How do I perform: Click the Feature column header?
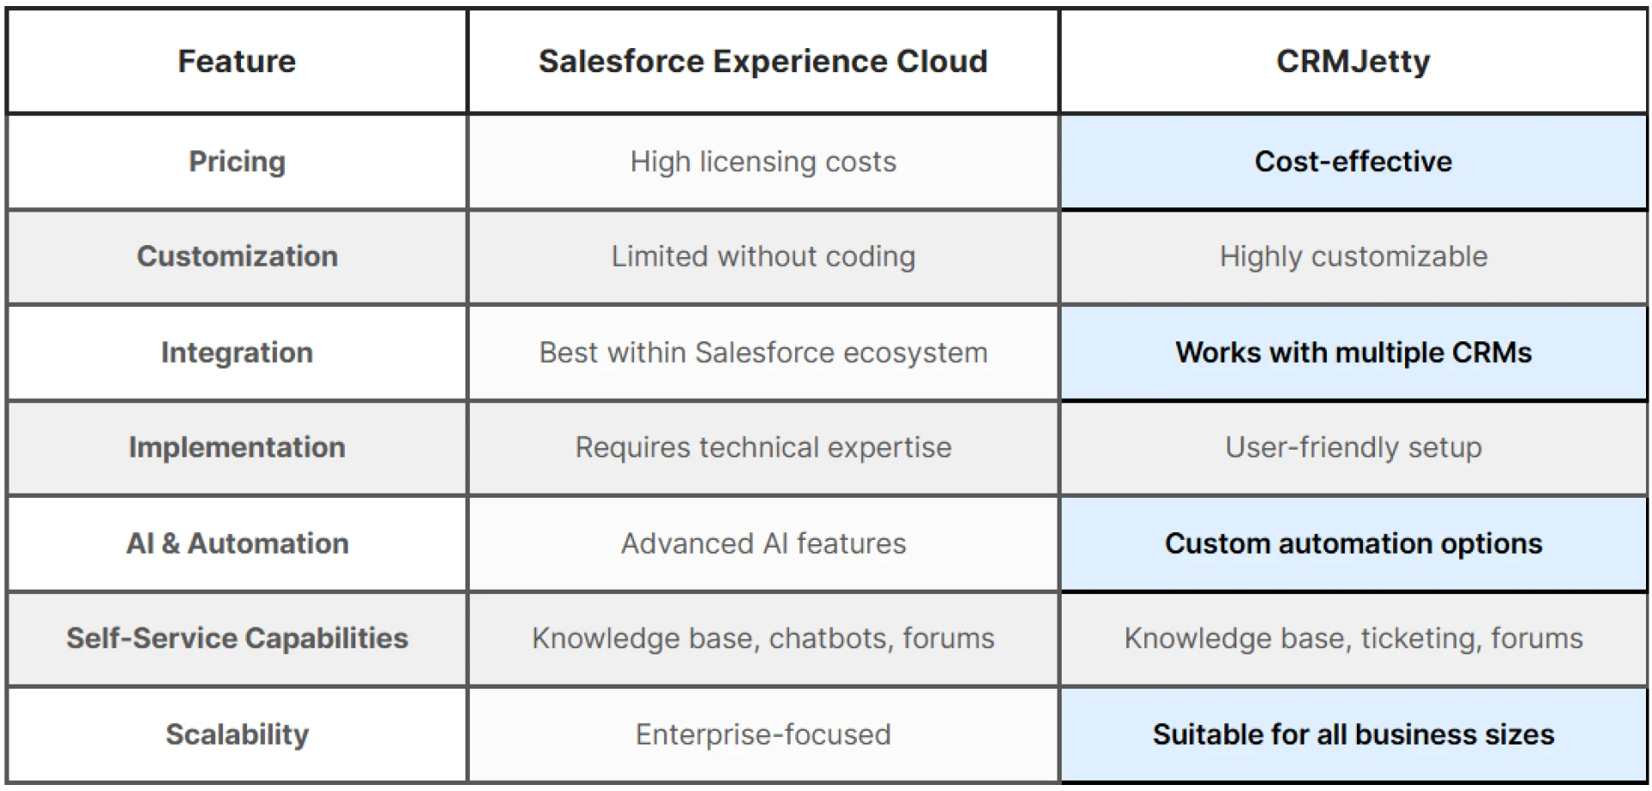coord(237,62)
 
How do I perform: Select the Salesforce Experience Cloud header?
coord(762,62)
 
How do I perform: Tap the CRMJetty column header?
coord(1353,62)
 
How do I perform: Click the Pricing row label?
coord(237,162)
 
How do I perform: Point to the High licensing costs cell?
coord(762,162)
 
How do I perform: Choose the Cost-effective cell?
coord(1353,162)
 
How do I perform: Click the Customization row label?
coord(237,256)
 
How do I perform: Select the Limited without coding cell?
coord(762,256)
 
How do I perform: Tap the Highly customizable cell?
coord(1353,256)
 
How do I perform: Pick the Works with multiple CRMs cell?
coord(1353,353)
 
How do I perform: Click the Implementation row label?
coord(237,447)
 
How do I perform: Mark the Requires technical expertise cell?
coord(762,447)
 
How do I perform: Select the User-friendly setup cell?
coord(1353,447)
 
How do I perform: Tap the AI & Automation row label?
coord(237,543)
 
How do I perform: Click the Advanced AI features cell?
coord(762,543)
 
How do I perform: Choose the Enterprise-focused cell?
coord(762,734)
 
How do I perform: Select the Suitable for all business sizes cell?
coord(1353,734)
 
